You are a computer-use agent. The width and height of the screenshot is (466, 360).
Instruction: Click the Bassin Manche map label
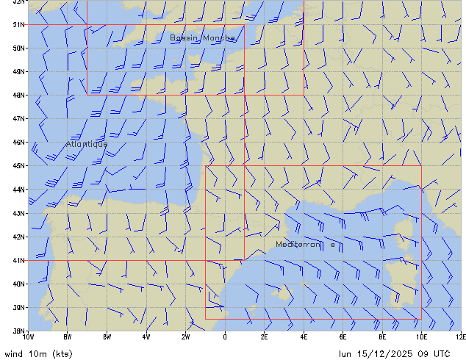click(x=203, y=37)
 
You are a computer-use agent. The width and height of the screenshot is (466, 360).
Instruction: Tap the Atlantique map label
click(x=87, y=144)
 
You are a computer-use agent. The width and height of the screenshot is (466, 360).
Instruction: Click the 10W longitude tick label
click(x=29, y=337)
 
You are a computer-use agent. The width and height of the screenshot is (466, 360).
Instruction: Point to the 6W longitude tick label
click(x=107, y=337)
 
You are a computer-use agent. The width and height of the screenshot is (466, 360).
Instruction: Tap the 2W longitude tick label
click(x=186, y=337)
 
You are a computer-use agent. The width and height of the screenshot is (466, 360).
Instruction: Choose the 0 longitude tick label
click(x=225, y=337)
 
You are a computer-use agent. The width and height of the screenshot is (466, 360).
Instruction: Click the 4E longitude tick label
click(x=304, y=337)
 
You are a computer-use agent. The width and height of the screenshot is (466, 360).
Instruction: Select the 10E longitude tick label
click(x=421, y=337)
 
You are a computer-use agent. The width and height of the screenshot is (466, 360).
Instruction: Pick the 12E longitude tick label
click(x=461, y=337)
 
